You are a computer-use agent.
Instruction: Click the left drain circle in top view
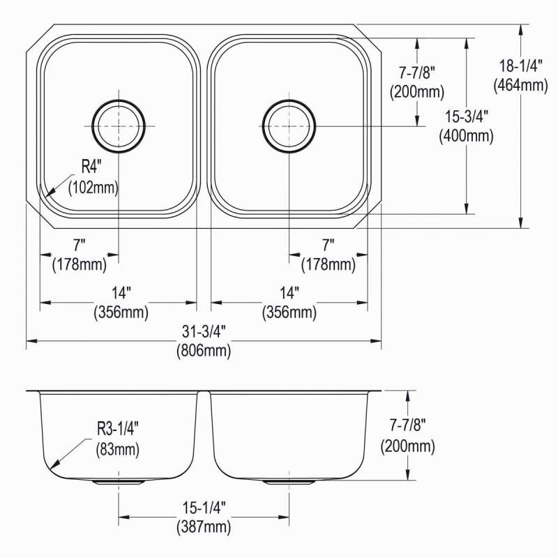119,100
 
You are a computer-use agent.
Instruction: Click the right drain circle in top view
289,100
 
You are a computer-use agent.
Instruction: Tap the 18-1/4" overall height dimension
520,66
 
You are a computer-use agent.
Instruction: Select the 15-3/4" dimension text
467,116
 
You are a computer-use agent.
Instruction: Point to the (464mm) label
520,85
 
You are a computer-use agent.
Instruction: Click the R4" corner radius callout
91,167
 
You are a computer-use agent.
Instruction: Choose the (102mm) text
93,187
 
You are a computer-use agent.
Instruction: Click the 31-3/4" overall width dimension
204,332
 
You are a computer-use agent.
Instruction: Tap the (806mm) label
204,351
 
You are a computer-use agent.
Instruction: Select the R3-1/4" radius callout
118,429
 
